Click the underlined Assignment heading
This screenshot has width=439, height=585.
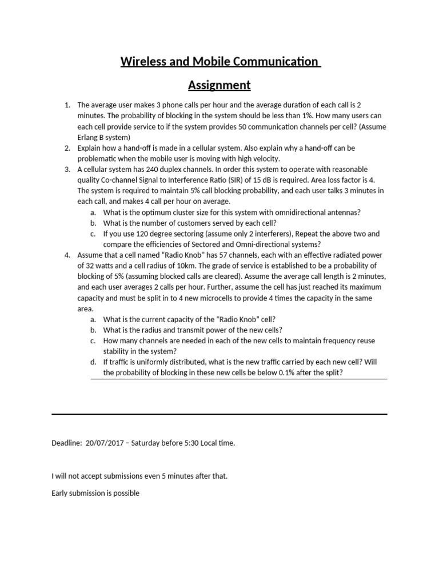tap(219, 85)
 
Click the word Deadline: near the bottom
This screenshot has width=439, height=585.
tap(66, 443)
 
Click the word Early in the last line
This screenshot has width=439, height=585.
tap(60, 493)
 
